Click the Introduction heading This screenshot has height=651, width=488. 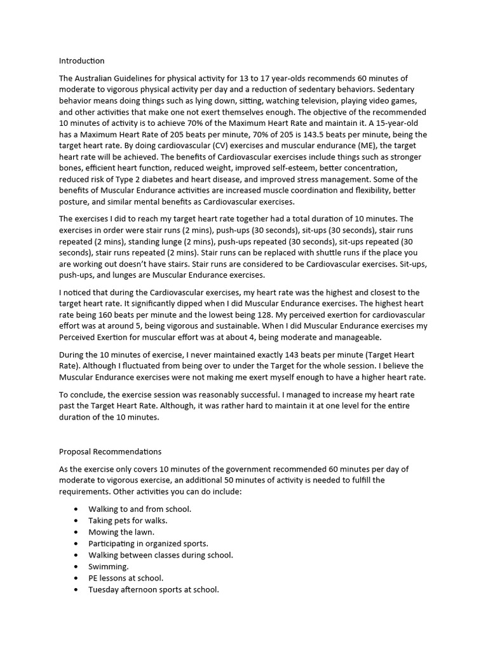(x=81, y=61)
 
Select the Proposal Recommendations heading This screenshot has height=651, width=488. (x=110, y=451)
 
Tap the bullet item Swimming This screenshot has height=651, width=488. (x=108, y=566)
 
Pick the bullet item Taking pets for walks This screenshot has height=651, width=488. (x=128, y=520)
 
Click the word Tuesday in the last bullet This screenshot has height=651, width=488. (x=105, y=589)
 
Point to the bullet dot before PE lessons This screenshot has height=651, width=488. (x=76, y=578)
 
